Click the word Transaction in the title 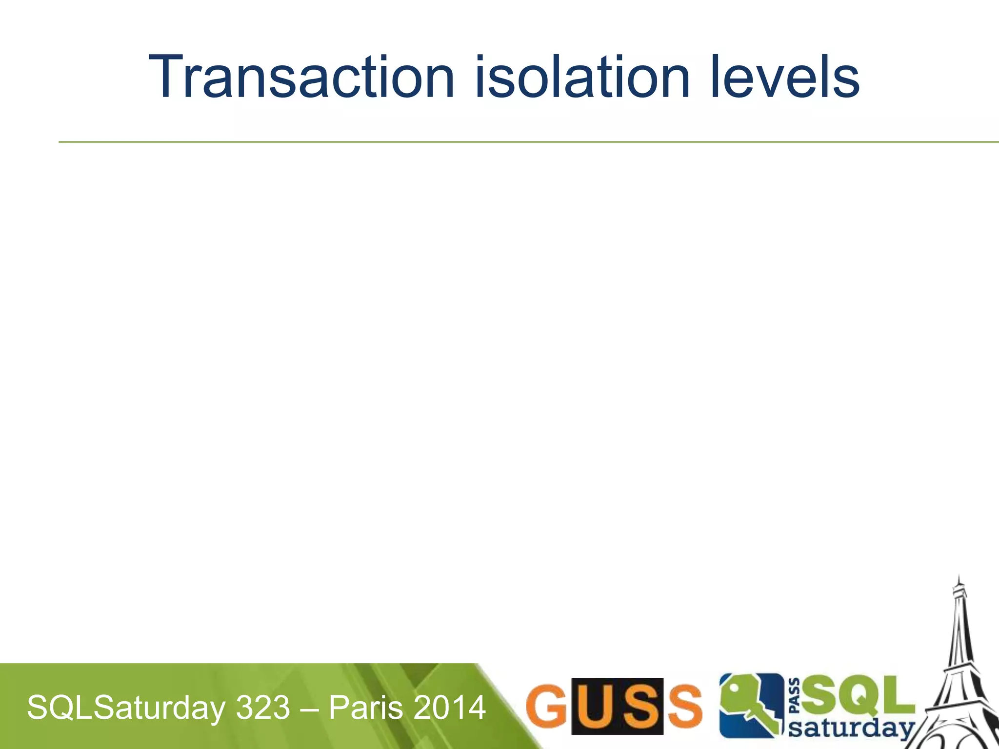click(301, 78)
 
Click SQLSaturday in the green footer click(126, 708)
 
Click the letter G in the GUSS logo click(546, 706)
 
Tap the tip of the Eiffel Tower click(959, 577)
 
